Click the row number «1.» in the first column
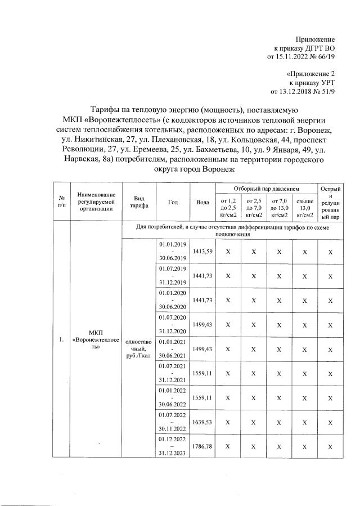tap(60, 340)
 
